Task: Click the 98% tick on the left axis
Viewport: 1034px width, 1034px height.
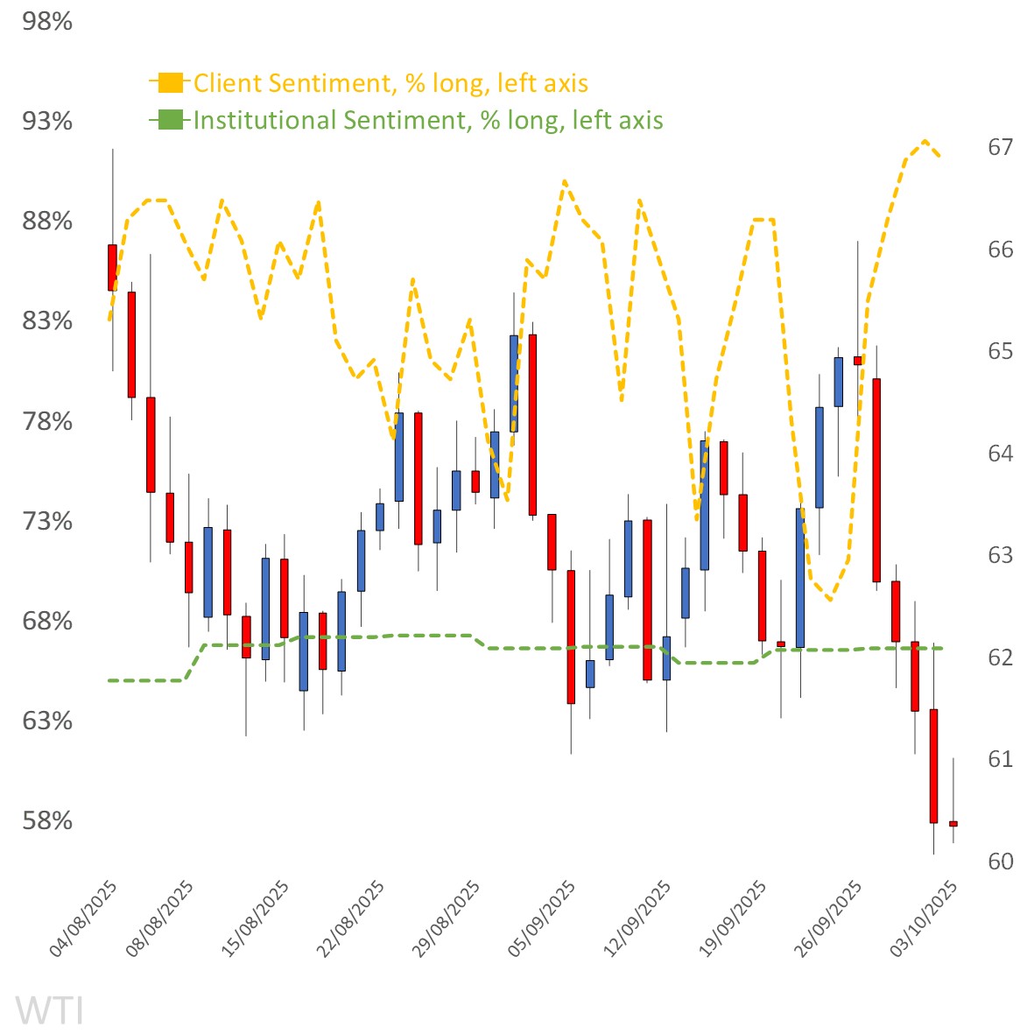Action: point(47,21)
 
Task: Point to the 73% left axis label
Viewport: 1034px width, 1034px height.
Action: point(47,521)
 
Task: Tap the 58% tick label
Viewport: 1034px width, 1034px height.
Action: point(47,820)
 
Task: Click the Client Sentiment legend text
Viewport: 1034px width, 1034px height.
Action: point(390,83)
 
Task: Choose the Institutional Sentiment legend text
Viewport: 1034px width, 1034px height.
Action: point(428,120)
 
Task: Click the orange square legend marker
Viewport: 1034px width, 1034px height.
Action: point(171,83)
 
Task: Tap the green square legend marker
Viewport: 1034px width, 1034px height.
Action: point(171,120)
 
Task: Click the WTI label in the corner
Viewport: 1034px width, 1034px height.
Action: point(50,1009)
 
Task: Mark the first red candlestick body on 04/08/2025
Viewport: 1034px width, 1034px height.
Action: point(112,267)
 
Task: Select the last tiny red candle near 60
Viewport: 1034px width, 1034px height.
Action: point(953,824)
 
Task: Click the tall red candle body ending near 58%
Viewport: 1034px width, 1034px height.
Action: point(933,766)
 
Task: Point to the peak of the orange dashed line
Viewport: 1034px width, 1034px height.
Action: point(925,140)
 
